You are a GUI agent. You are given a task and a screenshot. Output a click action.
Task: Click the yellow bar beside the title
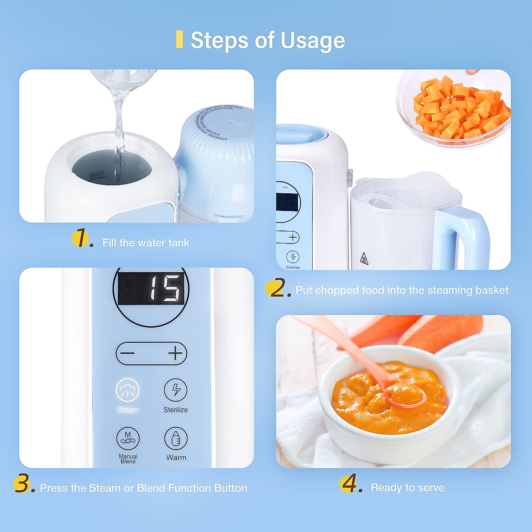click(x=180, y=39)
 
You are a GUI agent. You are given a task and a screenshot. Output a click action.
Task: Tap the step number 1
click(x=82, y=238)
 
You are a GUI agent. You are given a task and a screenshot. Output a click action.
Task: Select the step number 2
click(x=278, y=289)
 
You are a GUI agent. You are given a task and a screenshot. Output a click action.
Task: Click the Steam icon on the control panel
click(x=128, y=390)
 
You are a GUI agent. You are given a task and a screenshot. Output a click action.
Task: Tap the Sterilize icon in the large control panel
click(x=176, y=390)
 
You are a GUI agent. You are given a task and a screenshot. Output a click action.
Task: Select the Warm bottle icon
click(x=176, y=438)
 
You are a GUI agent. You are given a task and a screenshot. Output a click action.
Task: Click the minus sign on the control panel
click(x=128, y=353)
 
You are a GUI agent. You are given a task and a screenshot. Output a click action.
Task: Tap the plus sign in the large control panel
click(x=176, y=353)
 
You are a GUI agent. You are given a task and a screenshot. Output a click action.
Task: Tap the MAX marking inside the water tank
click(x=97, y=176)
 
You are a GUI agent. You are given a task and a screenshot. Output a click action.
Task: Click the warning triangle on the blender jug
click(x=364, y=258)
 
